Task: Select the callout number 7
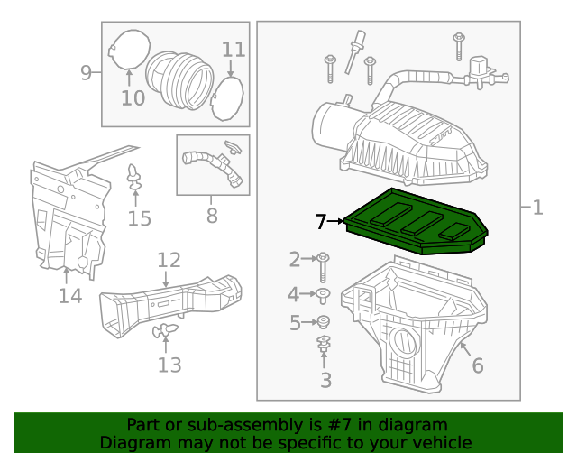click(323, 221)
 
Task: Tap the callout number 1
click(537, 208)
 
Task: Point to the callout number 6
click(477, 365)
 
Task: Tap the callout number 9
click(86, 73)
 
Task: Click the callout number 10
click(133, 97)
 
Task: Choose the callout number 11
click(234, 49)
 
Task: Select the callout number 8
click(212, 216)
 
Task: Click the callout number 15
click(139, 218)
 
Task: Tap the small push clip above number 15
click(135, 176)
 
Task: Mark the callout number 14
click(69, 295)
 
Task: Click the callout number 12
click(169, 261)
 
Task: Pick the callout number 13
click(169, 365)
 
